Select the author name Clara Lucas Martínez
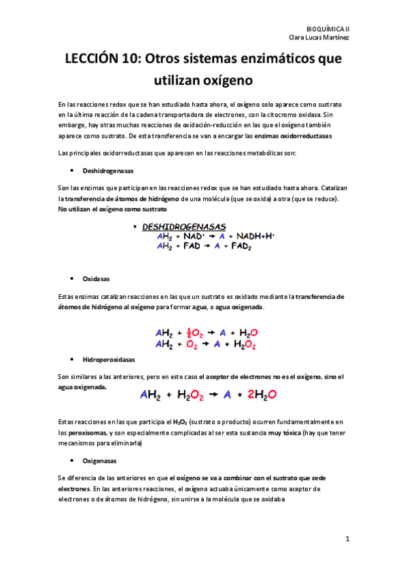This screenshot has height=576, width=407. (319, 37)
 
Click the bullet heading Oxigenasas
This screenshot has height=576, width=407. (99, 460)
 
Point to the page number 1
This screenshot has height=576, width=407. (347, 539)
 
